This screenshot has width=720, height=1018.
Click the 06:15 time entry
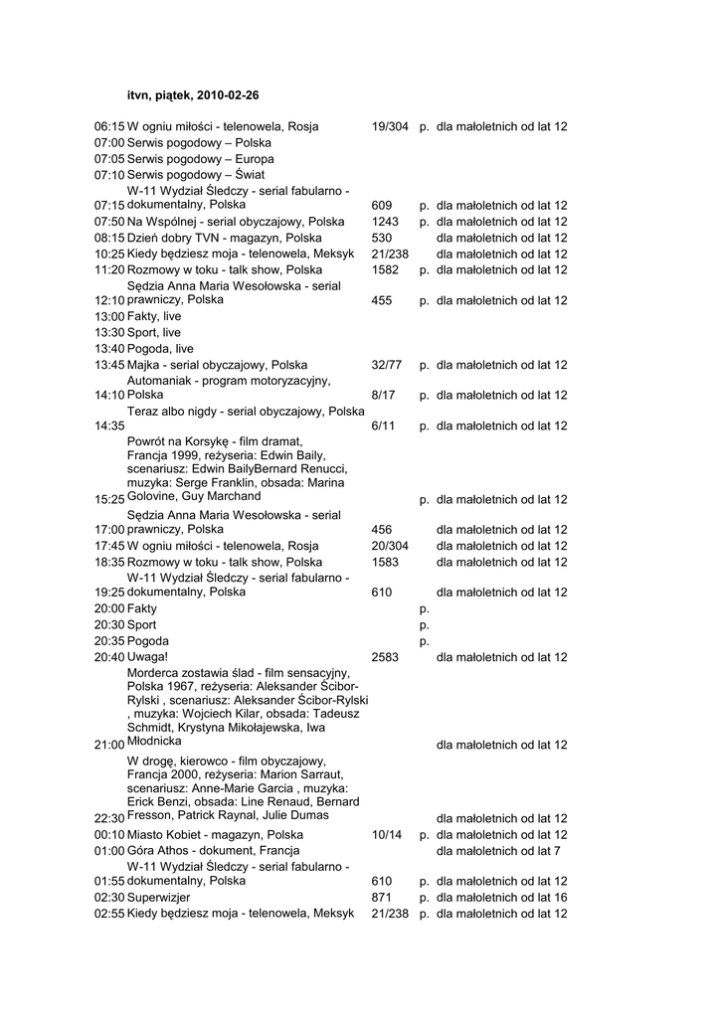coord(109,127)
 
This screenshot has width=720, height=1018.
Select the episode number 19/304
coord(390,127)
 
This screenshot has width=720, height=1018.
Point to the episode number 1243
coord(386,222)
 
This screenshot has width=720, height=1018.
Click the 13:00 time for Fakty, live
coord(109,316)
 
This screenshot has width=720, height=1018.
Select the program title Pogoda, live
coord(160,349)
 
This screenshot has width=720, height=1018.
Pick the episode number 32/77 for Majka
coord(387,365)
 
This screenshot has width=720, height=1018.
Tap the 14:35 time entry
coord(109,425)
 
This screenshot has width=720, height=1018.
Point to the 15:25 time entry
coord(109,499)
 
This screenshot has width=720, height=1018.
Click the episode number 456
coord(382,530)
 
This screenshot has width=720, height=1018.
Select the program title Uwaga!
coord(148,657)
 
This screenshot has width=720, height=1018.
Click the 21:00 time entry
coord(109,745)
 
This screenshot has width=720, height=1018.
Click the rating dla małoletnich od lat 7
coord(498,851)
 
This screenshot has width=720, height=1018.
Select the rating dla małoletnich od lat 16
coord(501,897)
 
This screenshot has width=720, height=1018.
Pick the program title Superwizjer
coord(158,897)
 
